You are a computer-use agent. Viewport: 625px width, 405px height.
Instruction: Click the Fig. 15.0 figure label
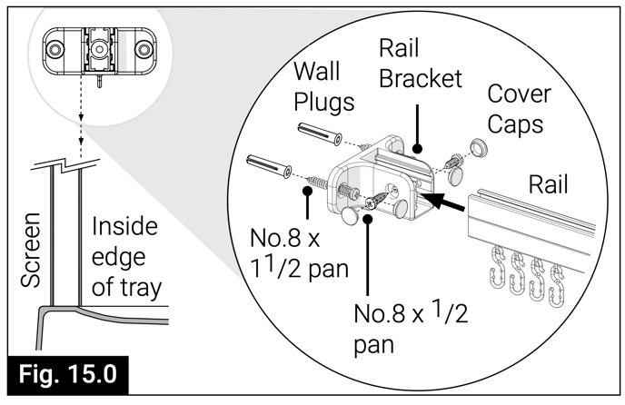point(69,373)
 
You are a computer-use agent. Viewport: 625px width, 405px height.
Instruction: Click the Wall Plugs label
point(324,87)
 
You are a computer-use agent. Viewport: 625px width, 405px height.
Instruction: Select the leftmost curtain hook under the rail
point(497,262)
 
